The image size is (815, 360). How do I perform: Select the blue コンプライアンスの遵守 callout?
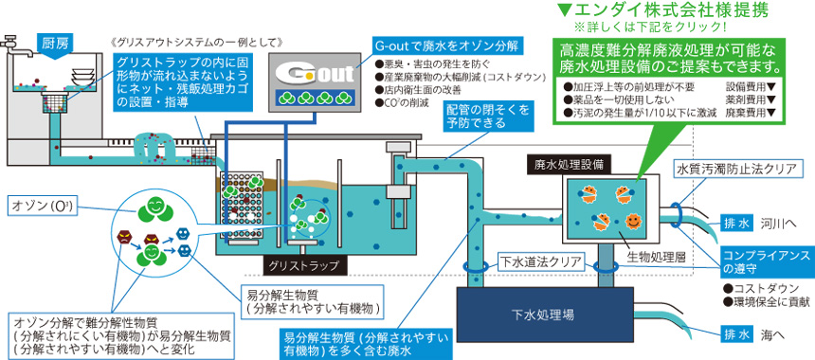766,262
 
